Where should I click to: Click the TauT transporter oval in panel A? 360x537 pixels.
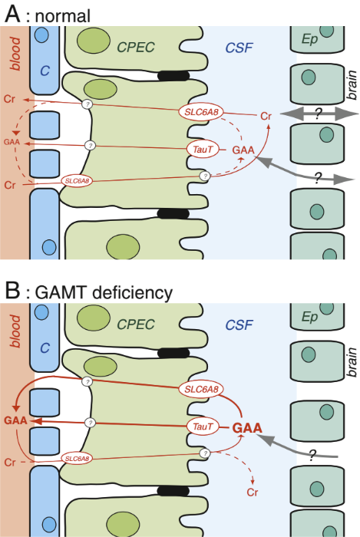203,150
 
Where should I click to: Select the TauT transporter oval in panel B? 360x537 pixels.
203,427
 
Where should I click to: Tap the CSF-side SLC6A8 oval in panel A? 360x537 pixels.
201,112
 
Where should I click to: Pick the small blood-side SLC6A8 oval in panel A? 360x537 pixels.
77,180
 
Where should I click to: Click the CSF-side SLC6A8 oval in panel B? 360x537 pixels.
201,390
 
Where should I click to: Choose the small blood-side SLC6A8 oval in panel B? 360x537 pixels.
77,458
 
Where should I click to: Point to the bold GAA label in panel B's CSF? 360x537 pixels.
247,428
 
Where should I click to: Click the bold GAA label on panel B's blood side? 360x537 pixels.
16,420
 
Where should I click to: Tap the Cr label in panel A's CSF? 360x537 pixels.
266,117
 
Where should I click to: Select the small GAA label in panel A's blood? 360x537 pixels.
12,142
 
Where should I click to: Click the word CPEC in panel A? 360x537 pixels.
136,48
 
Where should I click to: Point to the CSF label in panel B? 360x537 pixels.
239,325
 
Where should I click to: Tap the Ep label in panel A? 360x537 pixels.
309,40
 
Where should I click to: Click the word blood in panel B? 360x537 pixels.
15,331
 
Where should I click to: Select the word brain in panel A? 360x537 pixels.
352,85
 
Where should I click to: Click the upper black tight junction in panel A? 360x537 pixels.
173,76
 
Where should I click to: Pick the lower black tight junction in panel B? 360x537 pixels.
173,491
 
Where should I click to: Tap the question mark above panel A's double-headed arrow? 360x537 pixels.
319,114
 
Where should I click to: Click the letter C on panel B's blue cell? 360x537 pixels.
45,348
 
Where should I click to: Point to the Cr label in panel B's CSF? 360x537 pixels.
253,493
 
